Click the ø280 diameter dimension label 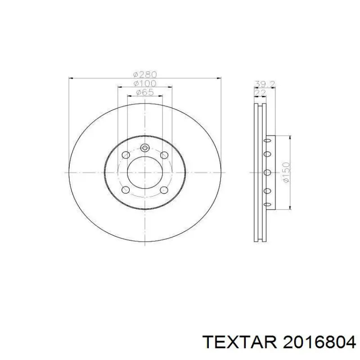click(144, 74)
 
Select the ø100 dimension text click(144, 83)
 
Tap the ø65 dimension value click(144, 92)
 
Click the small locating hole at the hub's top click(144, 148)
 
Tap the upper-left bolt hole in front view click(126, 155)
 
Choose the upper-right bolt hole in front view click(164, 155)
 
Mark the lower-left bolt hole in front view click(126, 189)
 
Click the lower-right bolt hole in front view click(164, 189)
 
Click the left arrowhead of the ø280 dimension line click(71, 78)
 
